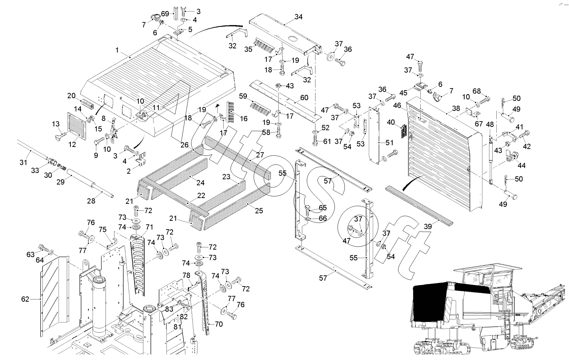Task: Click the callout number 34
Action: tap(298, 17)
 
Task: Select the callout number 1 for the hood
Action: tap(117, 50)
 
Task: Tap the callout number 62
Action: tap(25, 299)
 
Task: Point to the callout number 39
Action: tap(428, 226)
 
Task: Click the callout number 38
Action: tap(456, 109)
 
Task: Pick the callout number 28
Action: tap(91, 201)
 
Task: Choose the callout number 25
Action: tap(259, 210)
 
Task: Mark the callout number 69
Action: tap(165, 14)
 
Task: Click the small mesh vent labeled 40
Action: tap(404, 131)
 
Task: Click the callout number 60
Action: tap(304, 97)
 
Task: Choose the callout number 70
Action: tap(219, 324)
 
